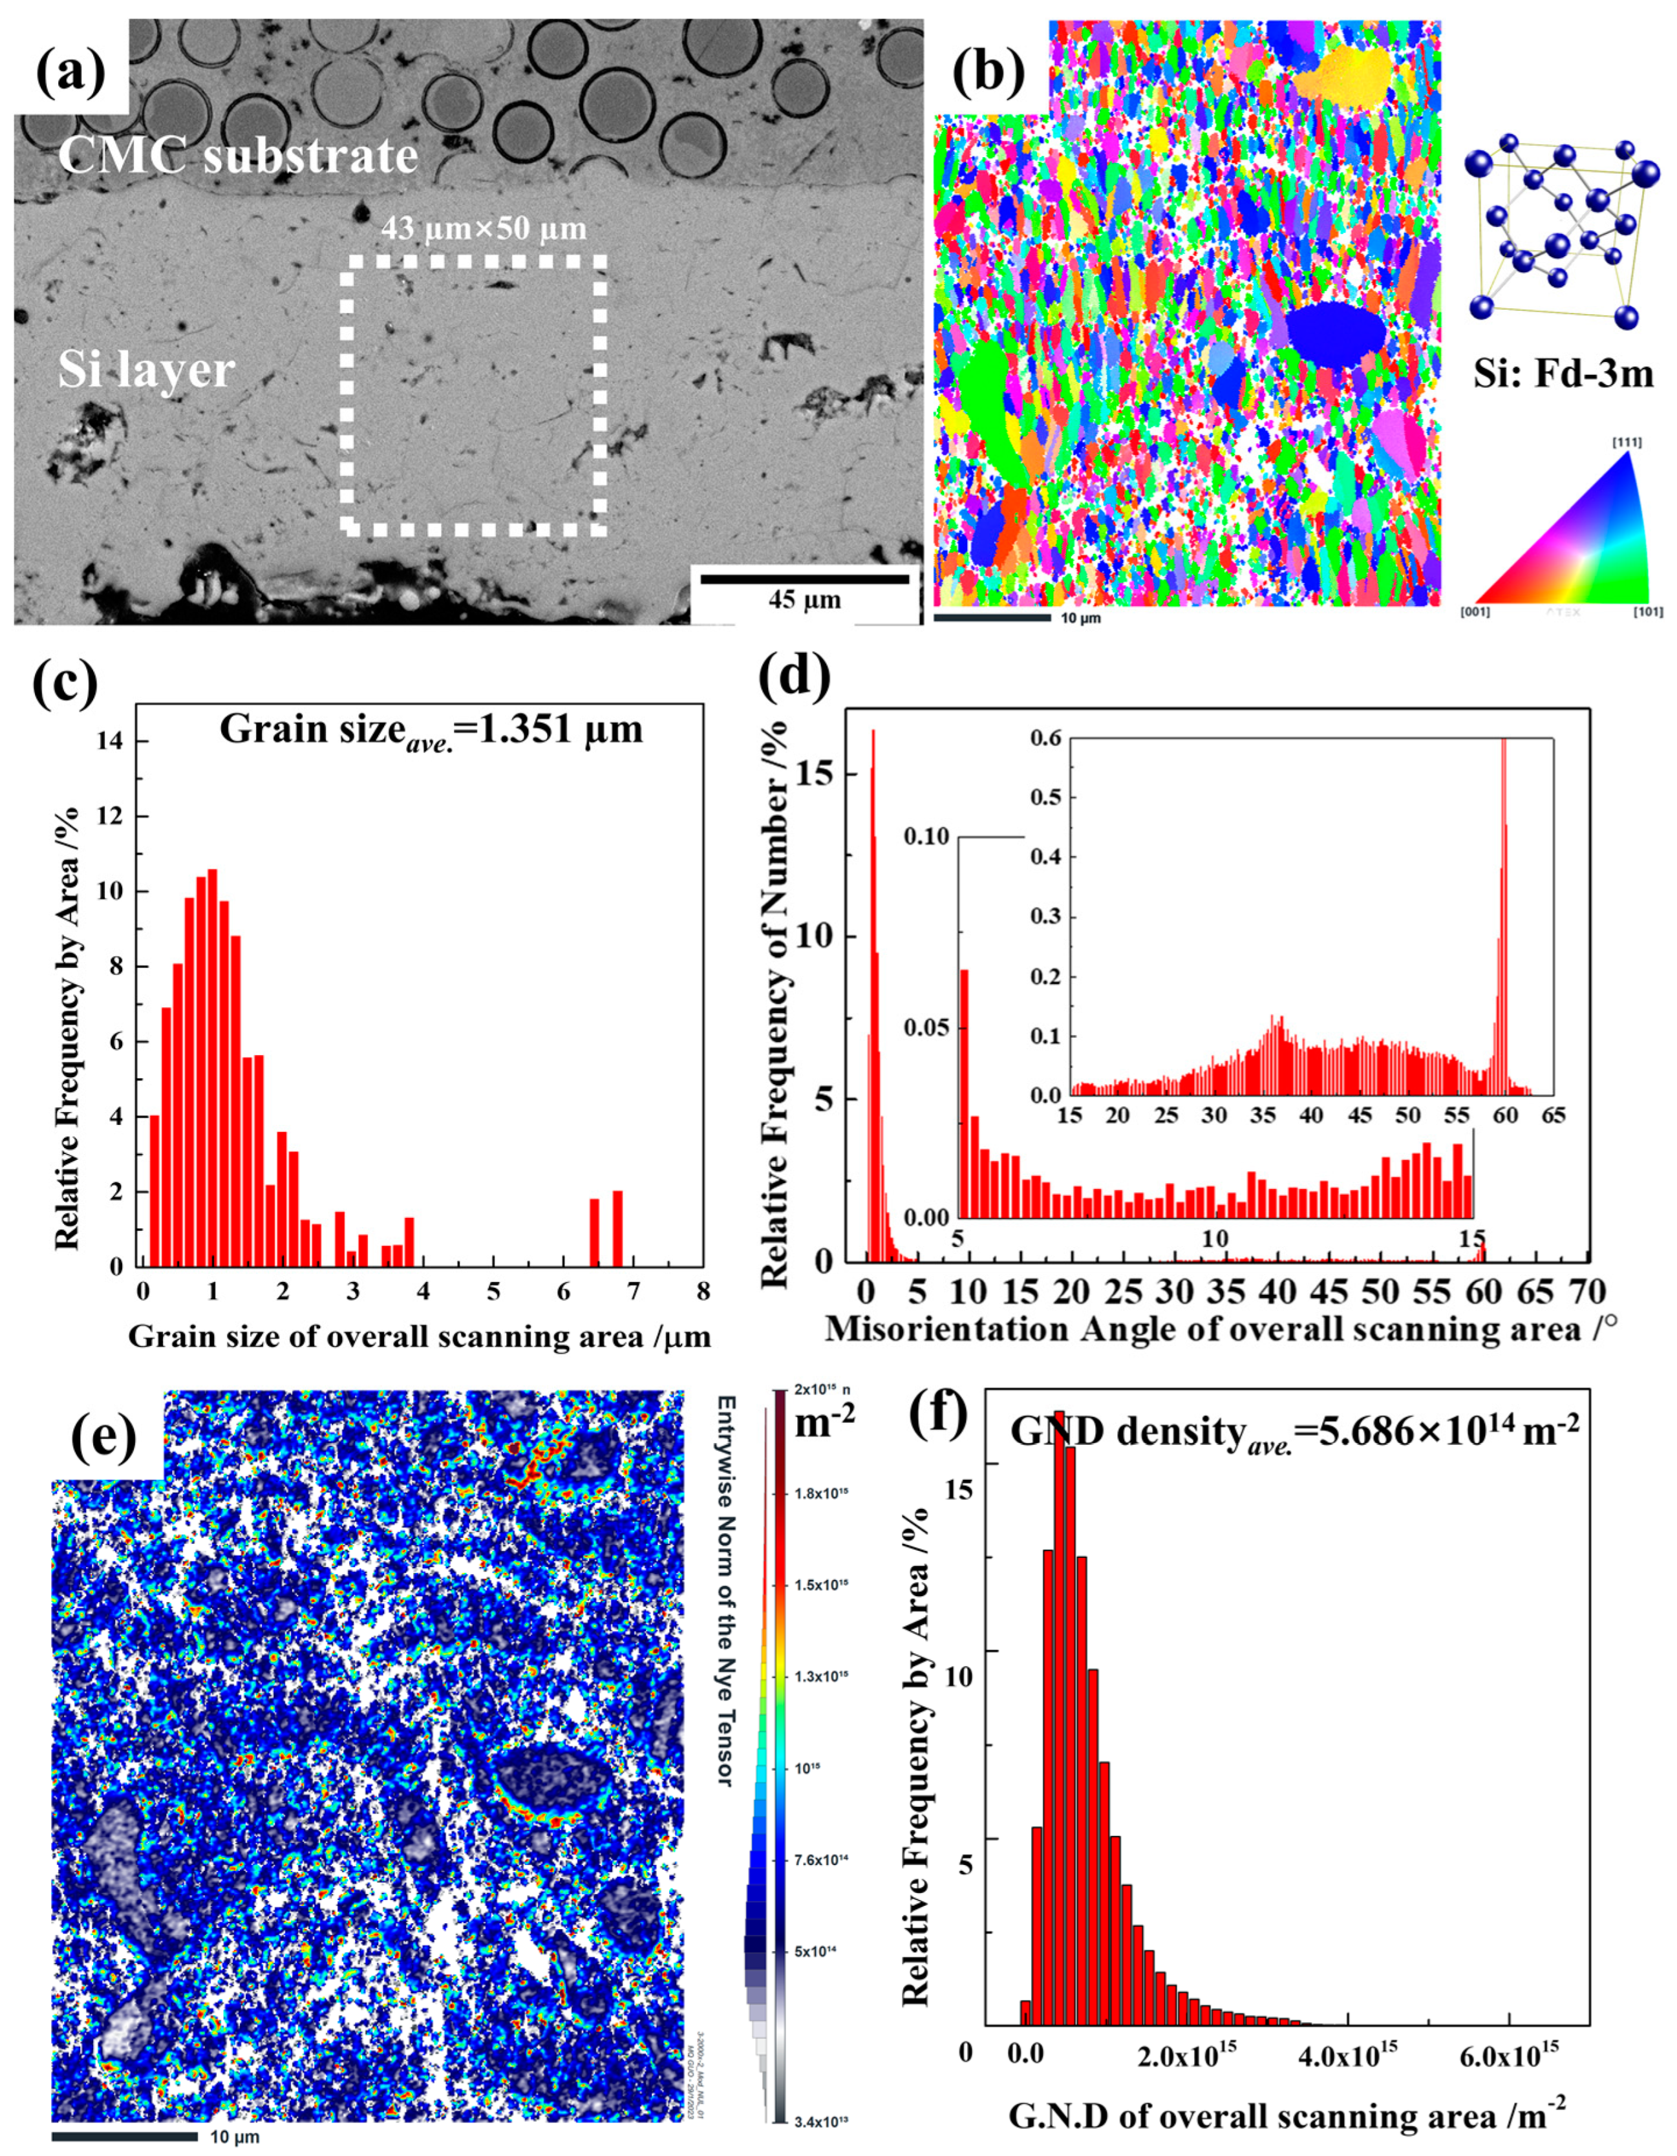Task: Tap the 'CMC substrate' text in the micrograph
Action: [x=237, y=155]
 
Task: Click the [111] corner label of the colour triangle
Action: [x=1627, y=442]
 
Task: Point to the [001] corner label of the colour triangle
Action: [x=1476, y=613]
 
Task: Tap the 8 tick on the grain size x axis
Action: [x=702, y=1291]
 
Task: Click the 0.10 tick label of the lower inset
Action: [x=926, y=836]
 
